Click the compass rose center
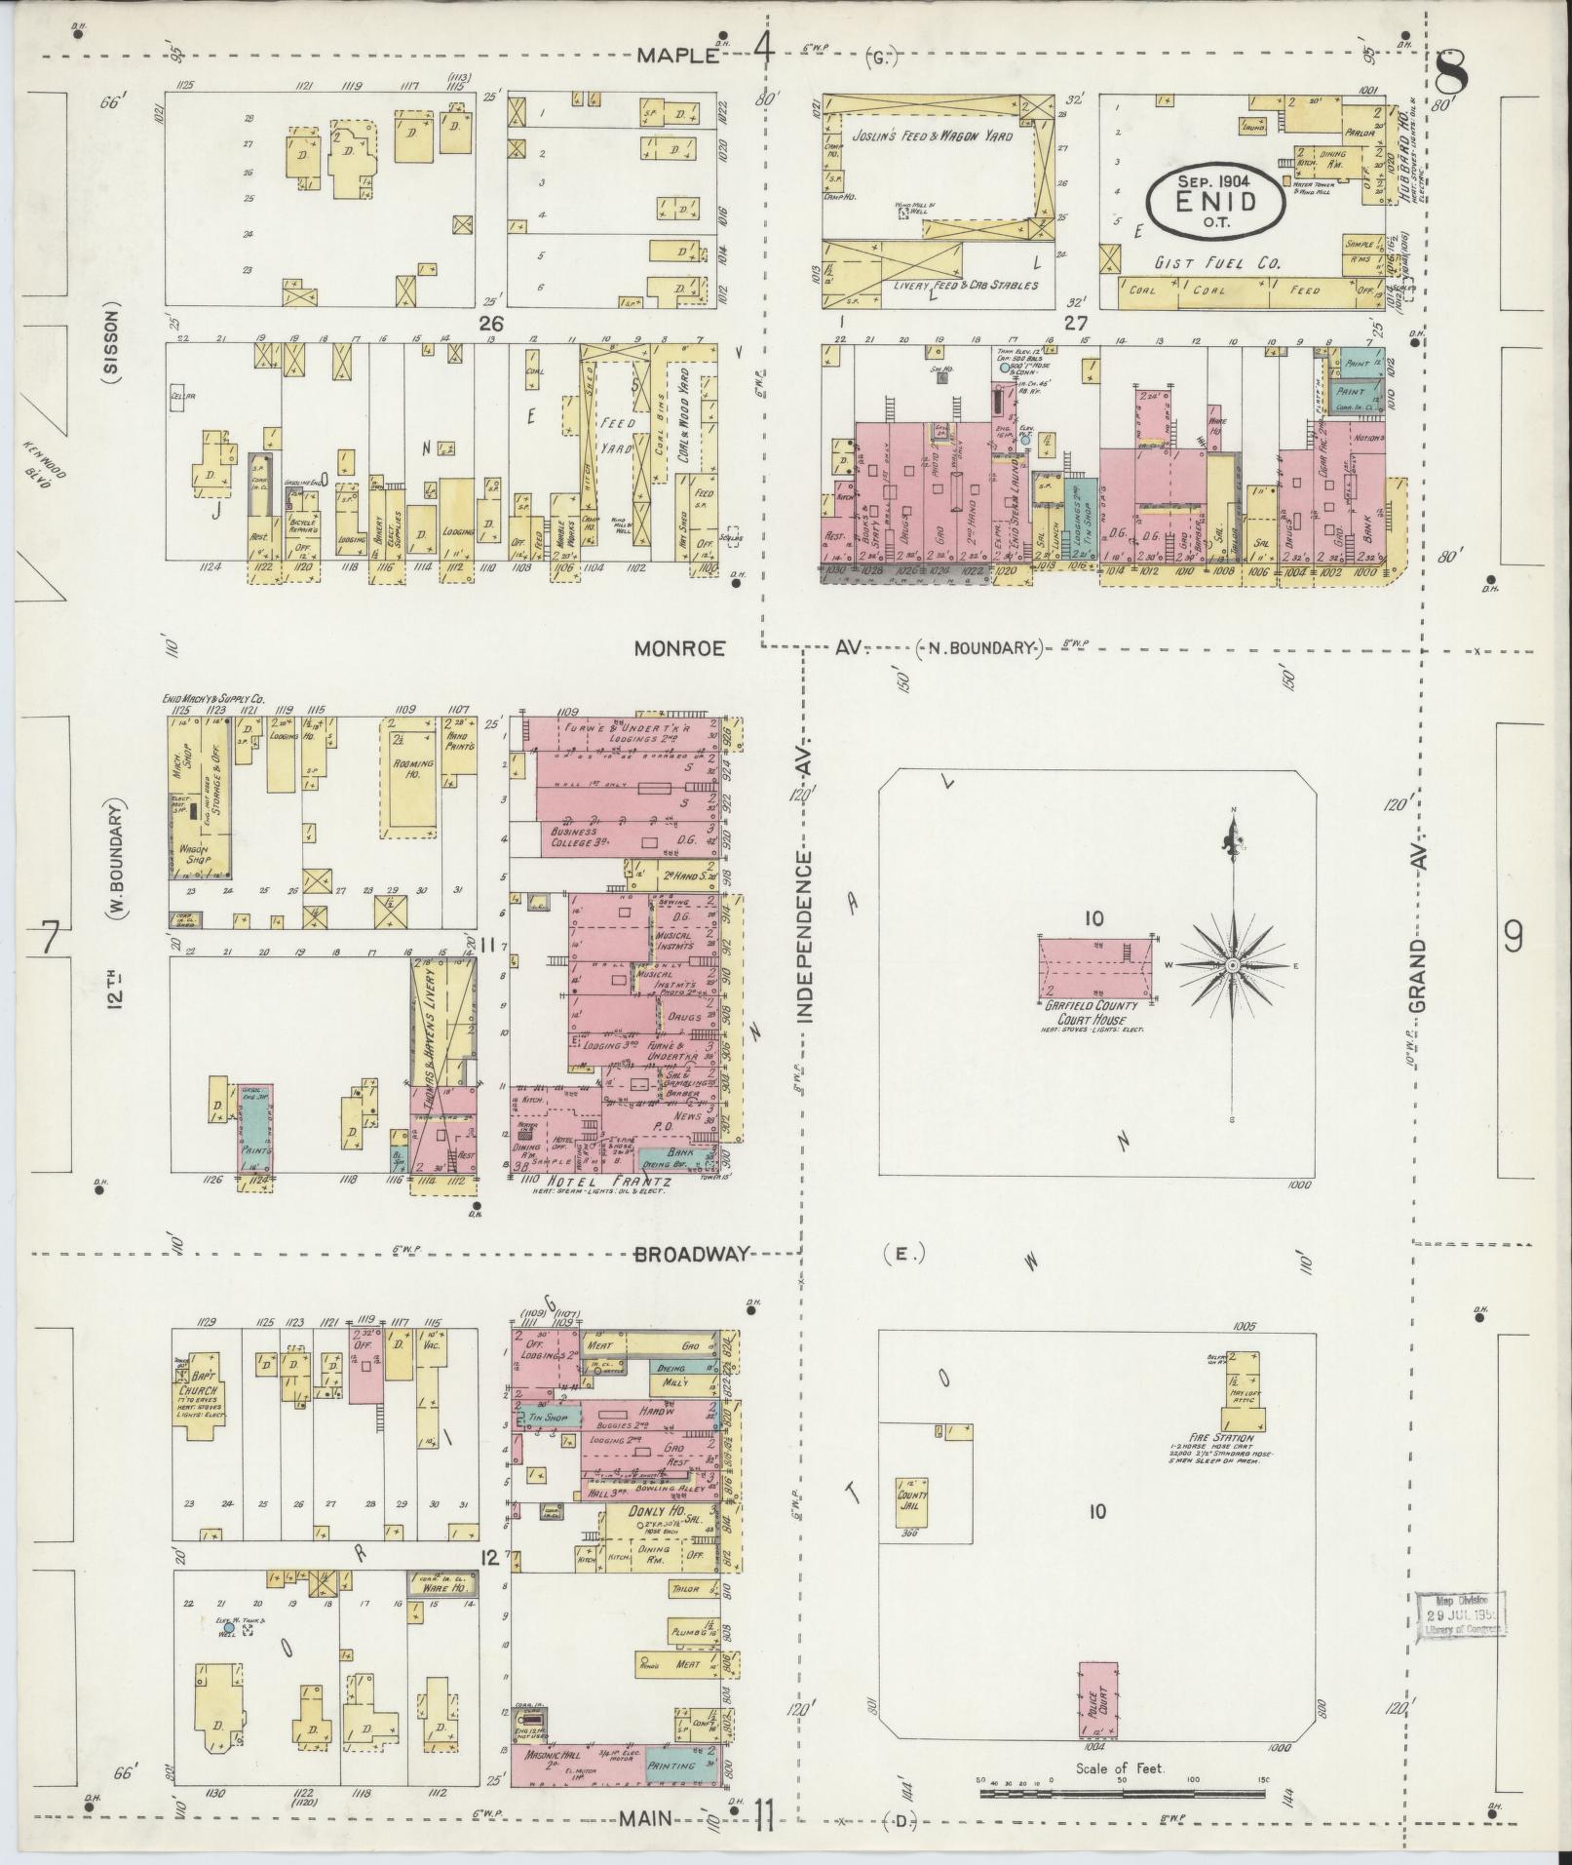(1232, 965)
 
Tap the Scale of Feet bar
(1120, 1793)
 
